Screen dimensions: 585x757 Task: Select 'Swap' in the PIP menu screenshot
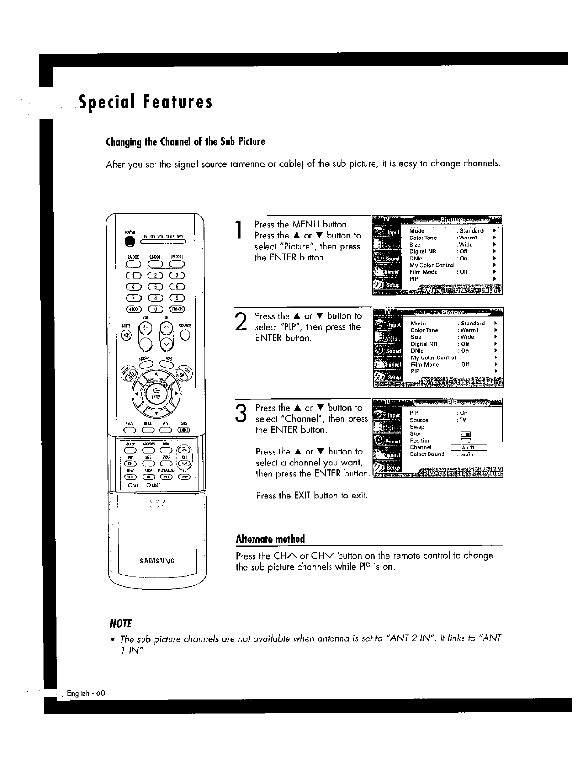point(417,427)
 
